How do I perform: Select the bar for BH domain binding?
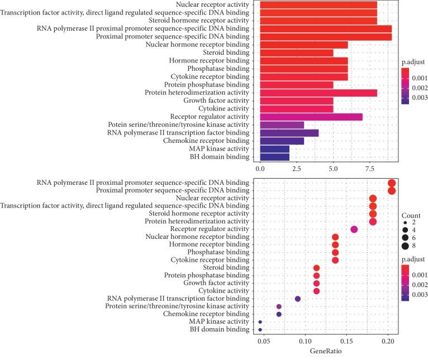(274, 156)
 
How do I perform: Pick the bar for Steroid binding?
(296, 52)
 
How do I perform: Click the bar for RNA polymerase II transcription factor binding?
(289, 132)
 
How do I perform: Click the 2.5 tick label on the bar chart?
(297, 167)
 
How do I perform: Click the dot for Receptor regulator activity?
(354, 229)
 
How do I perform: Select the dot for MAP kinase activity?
(260, 322)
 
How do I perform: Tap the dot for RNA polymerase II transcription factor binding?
(298, 299)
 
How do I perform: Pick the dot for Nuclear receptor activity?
(373, 198)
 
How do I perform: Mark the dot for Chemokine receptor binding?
(279, 314)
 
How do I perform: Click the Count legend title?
(411, 215)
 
